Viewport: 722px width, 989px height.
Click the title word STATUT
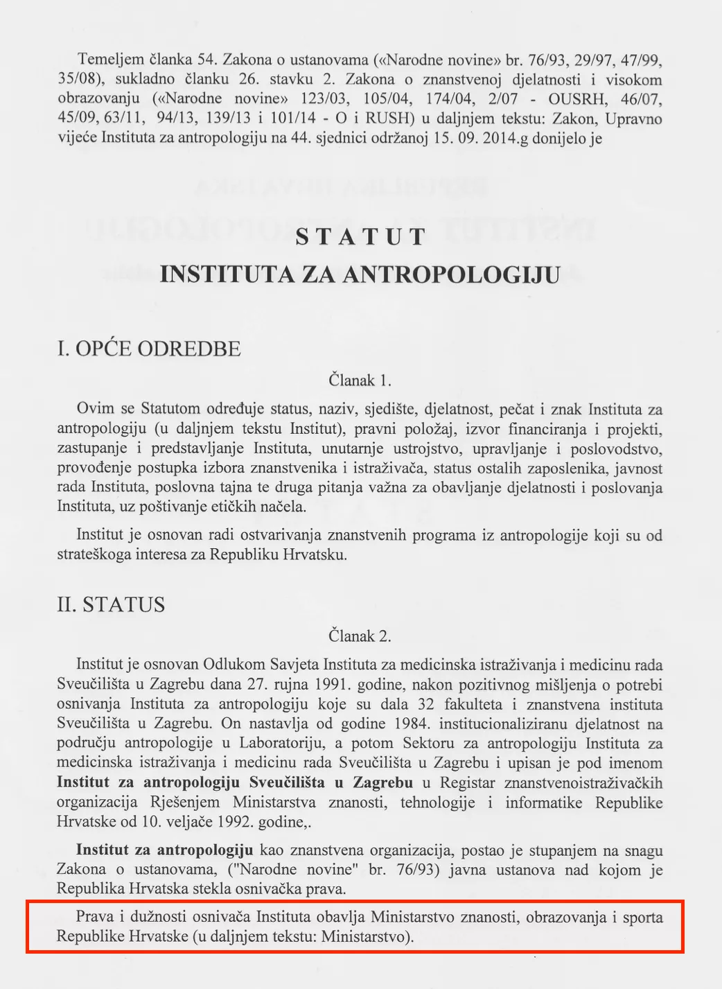360,237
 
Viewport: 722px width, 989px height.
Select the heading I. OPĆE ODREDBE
149,349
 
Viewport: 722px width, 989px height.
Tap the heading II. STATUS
111,604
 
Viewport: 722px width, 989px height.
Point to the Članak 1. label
360,380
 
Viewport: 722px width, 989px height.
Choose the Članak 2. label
360,636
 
